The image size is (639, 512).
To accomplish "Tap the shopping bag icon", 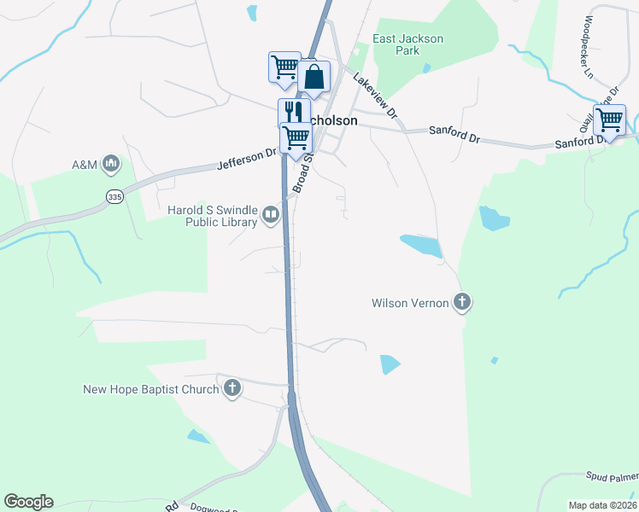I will pyautogui.click(x=314, y=77).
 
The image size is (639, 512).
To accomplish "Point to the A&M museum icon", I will pyautogui.click(x=110, y=163).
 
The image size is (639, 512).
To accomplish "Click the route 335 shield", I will pyautogui.click(x=114, y=197).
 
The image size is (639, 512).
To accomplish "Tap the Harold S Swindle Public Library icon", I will pyautogui.click(x=271, y=213).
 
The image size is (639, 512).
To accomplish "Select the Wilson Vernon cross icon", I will pyautogui.click(x=462, y=302).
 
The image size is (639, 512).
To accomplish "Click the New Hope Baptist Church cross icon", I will pyautogui.click(x=232, y=389).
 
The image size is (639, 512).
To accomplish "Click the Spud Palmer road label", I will pyautogui.click(x=612, y=476).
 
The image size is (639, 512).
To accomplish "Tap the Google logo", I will pyautogui.click(x=28, y=502).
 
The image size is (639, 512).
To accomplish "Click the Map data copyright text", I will pyautogui.click(x=601, y=505).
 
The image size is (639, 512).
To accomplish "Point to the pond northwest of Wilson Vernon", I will pyautogui.click(x=421, y=246).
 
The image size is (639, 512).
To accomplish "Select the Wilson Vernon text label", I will pyautogui.click(x=410, y=303).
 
